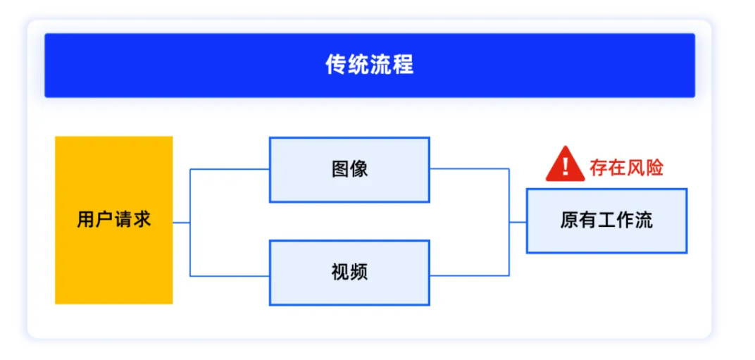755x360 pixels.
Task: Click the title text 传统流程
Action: click(369, 65)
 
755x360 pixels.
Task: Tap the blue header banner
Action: click(370, 65)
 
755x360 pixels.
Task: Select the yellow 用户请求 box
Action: click(113, 221)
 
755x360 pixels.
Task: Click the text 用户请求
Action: click(114, 220)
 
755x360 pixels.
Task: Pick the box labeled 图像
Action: click(349, 170)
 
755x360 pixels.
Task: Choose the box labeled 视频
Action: click(349, 273)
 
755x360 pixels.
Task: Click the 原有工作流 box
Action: click(606, 221)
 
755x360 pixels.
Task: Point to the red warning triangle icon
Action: click(565, 166)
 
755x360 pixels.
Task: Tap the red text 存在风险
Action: click(626, 168)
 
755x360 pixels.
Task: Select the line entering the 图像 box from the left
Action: click(229, 169)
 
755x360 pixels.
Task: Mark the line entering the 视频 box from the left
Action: click(229, 276)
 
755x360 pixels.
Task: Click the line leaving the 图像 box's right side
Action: click(470, 168)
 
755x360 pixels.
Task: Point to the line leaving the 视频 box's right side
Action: click(470, 275)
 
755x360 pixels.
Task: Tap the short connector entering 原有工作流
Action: click(518, 222)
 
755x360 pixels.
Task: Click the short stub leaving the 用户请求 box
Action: click(182, 223)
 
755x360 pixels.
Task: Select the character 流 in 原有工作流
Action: click(644, 221)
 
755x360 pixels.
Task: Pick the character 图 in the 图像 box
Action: click(340, 170)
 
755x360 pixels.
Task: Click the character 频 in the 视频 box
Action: click(358, 273)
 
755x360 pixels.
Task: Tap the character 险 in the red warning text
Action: click(654, 168)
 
